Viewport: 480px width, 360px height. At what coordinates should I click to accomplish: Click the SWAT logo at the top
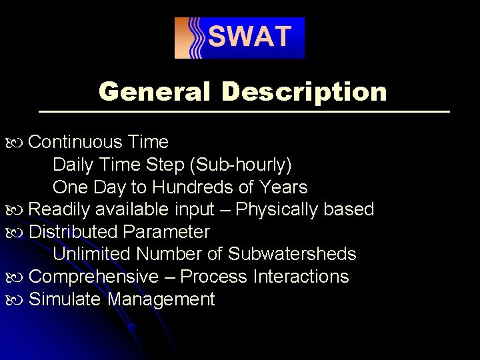click(x=239, y=38)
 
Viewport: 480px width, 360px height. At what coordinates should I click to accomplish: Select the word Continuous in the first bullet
click(x=76, y=142)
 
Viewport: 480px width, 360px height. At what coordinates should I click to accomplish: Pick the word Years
click(x=283, y=187)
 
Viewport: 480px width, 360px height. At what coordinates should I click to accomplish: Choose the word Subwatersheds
click(x=292, y=254)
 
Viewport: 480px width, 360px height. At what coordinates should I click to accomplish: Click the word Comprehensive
click(x=94, y=277)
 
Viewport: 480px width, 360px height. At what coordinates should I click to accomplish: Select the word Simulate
click(x=65, y=299)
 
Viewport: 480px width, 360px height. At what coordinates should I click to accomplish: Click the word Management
click(x=161, y=299)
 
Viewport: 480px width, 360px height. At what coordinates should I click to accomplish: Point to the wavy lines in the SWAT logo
click(x=195, y=38)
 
